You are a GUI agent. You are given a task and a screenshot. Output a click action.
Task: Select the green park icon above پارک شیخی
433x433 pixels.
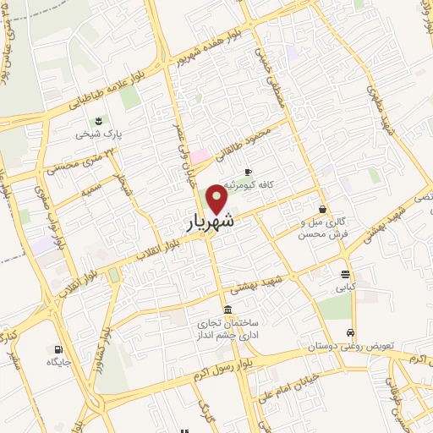point(98,119)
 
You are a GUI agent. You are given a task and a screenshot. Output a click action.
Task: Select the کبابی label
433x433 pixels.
point(344,288)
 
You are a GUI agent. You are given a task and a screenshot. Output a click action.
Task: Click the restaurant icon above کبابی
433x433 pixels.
point(345,274)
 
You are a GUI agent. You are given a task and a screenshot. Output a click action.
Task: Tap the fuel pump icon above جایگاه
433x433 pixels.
point(58,348)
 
